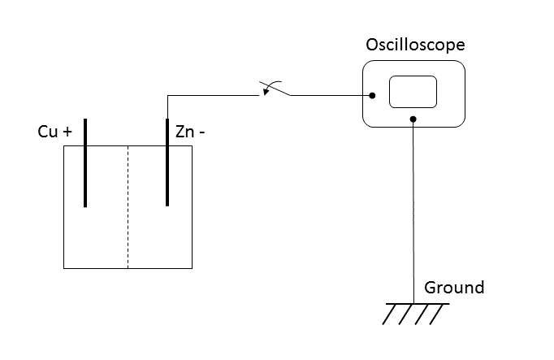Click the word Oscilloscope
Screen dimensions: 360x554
[x=415, y=45]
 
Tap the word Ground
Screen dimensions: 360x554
[x=454, y=287]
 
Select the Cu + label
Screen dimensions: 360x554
[x=55, y=132]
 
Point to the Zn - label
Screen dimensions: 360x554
[x=190, y=132]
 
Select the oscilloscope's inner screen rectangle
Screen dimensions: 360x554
[x=413, y=92]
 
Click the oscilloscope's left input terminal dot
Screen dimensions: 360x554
[x=373, y=96]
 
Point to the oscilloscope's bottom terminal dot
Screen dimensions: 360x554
[x=413, y=119]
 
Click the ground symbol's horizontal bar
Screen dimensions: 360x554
[x=416, y=304]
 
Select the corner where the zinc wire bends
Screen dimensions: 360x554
[x=167, y=96]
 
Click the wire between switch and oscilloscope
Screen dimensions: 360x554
[x=329, y=96]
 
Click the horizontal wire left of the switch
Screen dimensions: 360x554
[x=215, y=96]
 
